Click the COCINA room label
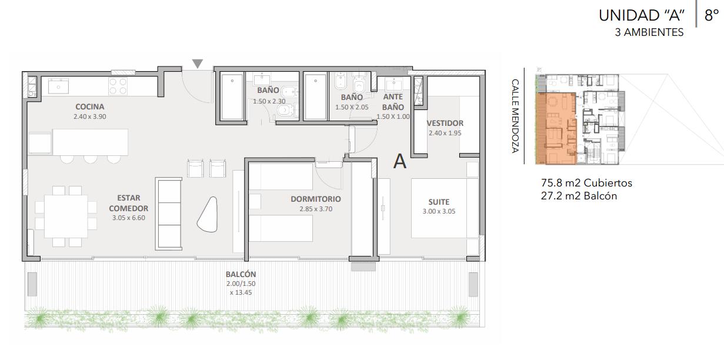pos(90,106)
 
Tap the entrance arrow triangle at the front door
pos(198,64)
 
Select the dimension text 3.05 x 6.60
pos(129,218)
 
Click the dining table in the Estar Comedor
pos(66,216)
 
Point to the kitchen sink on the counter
pos(58,86)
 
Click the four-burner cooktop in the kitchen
pos(118,86)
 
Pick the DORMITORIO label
pos(316,199)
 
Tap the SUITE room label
pos(439,202)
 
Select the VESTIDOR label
pos(445,123)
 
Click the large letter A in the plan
pos(400,161)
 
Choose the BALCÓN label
pos(241,274)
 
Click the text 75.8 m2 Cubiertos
pos(586,183)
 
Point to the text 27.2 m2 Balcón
pos(579,196)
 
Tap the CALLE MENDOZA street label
pos(515,116)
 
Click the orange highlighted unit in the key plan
pos(556,129)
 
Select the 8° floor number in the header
pos(712,15)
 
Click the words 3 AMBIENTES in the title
pos(649,32)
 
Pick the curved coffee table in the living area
pos(207,214)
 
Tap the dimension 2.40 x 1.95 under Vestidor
pos(445,133)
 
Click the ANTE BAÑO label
pos(393,102)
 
